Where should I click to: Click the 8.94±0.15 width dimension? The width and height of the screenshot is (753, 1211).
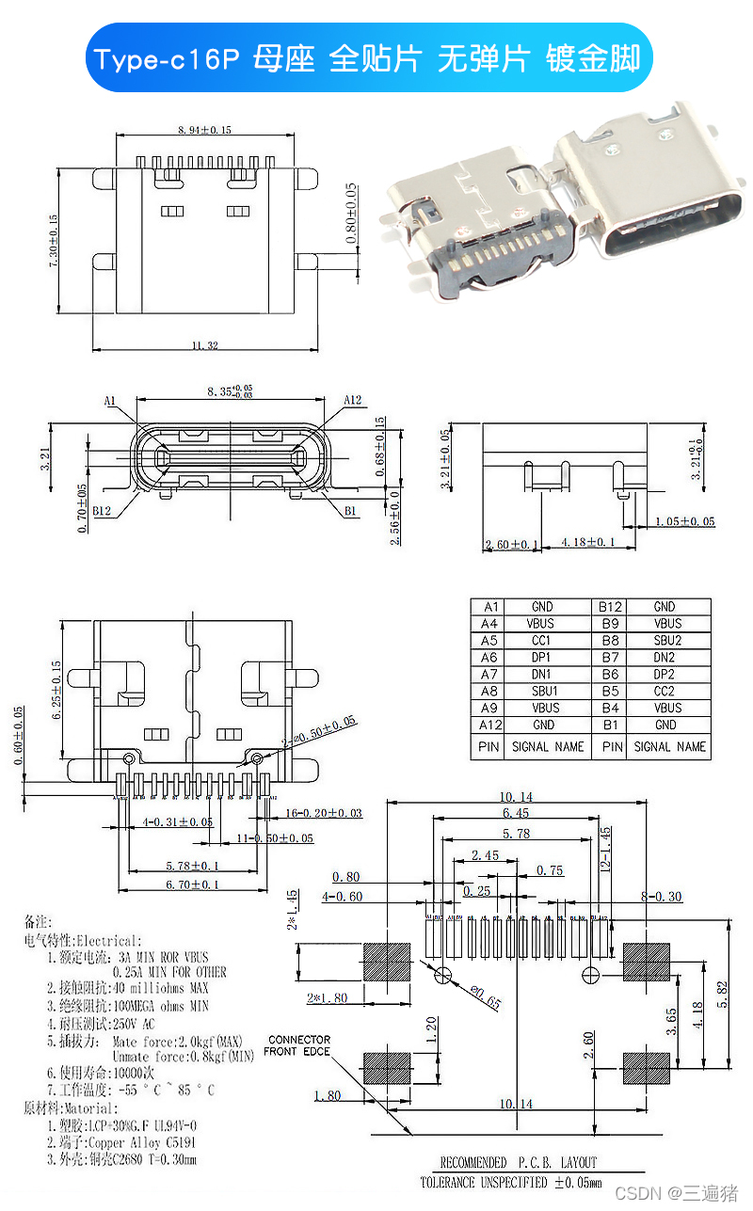pos(204,130)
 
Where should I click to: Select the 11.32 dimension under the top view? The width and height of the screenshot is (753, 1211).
pos(204,346)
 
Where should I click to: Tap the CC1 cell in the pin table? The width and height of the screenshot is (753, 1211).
pos(542,640)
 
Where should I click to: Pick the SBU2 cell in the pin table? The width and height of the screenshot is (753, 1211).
pos(666,640)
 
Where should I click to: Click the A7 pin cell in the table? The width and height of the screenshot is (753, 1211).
pos(489,674)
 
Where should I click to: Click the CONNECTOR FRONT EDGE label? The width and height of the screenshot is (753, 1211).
pos(298,1045)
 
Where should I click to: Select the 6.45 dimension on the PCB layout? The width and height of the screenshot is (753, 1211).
pos(515,813)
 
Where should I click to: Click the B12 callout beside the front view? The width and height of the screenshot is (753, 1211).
pos(103,512)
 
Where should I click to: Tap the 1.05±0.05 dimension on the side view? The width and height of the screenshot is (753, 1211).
pos(683,521)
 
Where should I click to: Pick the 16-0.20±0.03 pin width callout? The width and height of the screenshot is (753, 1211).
pos(323,812)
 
